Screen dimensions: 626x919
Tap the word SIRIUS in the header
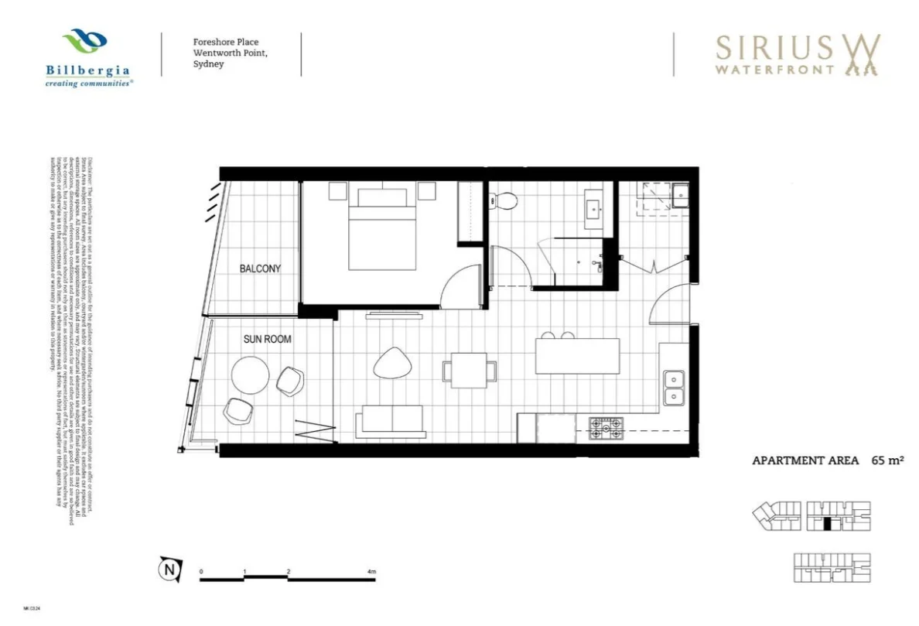[x=774, y=47]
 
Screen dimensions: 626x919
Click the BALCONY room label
[x=260, y=269]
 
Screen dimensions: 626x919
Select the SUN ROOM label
[x=267, y=339]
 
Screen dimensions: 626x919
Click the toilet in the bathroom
[x=506, y=201]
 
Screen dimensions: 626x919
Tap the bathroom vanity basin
[x=594, y=207]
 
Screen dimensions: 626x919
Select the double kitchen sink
[x=673, y=388]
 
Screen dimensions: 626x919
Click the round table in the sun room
[x=251, y=375]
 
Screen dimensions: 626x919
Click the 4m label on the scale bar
[x=372, y=573]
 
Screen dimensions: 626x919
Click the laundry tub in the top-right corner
[x=679, y=195]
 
